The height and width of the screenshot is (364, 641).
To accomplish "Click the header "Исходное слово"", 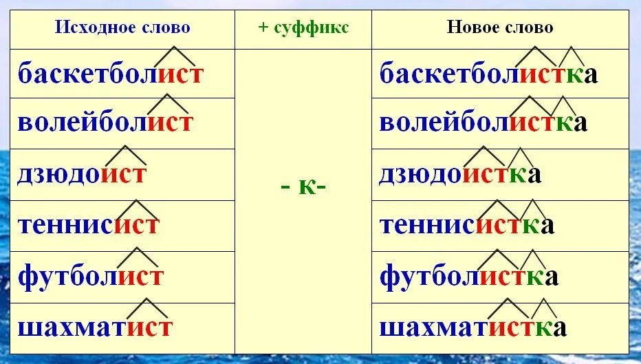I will pyautogui.click(x=122, y=28).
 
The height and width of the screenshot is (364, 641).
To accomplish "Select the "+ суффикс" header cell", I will pyautogui.click(x=303, y=28).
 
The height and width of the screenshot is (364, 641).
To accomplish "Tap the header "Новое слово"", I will pyautogui.click(x=500, y=28).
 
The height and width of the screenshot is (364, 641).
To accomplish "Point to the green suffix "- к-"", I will pyautogui.click(x=303, y=187).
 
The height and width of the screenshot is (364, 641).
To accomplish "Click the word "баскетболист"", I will pyautogui.click(x=111, y=73).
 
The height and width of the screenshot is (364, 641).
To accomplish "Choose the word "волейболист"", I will pyautogui.click(x=106, y=123).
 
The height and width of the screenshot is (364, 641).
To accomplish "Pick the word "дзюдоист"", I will pyautogui.click(x=83, y=173).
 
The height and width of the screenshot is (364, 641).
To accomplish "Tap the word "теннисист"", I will pyautogui.click(x=89, y=225).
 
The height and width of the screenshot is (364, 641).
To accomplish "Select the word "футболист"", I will pyautogui.click(x=91, y=277).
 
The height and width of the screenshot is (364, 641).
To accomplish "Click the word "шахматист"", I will pyautogui.click(x=95, y=326).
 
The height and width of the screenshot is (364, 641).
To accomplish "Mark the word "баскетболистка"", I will pyautogui.click(x=488, y=73).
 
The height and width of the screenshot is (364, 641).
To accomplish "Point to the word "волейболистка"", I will pyautogui.click(x=484, y=123).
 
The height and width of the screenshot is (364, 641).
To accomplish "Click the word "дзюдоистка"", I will pyautogui.click(x=460, y=173).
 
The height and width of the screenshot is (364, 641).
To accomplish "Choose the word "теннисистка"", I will pyautogui.click(x=466, y=225).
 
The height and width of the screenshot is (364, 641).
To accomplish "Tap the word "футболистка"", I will pyautogui.click(x=468, y=277).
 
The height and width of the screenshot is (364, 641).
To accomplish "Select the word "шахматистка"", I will pyautogui.click(x=472, y=326).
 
